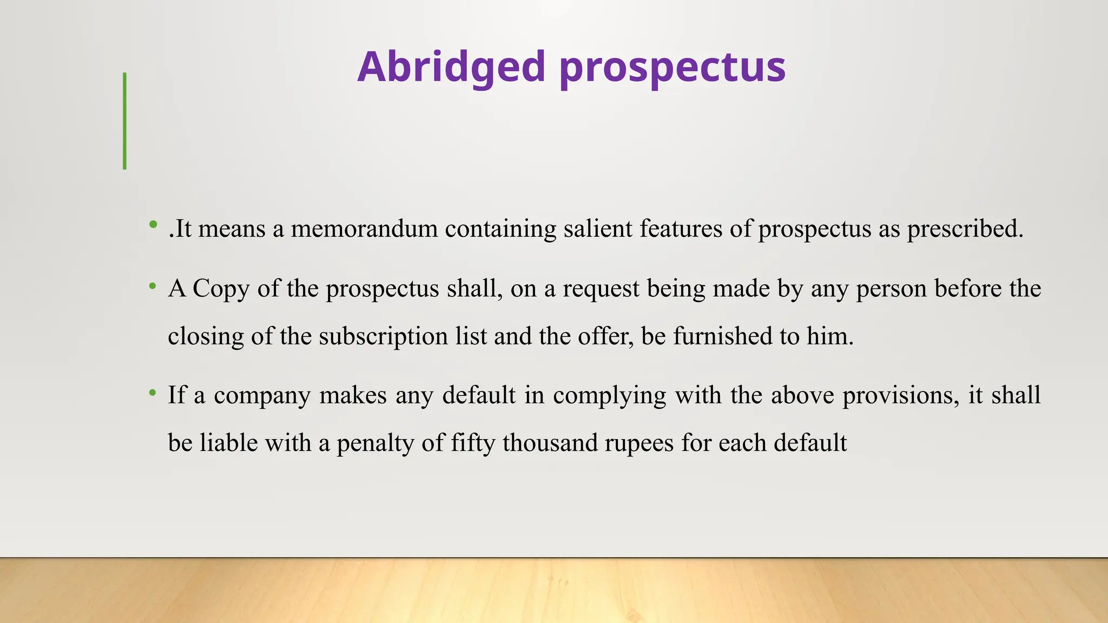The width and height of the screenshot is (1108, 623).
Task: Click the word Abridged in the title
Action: [451, 67]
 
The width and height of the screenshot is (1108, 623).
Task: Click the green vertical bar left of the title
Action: [125, 121]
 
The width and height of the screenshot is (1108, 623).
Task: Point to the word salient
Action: [598, 229]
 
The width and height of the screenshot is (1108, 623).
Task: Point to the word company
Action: [262, 396]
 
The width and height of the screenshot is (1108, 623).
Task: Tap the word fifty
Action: [473, 443]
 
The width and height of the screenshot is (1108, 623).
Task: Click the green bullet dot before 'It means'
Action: [154, 224]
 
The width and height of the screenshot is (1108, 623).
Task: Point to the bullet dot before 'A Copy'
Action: [154, 285]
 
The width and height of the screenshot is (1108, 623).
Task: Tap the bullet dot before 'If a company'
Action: [154, 392]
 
